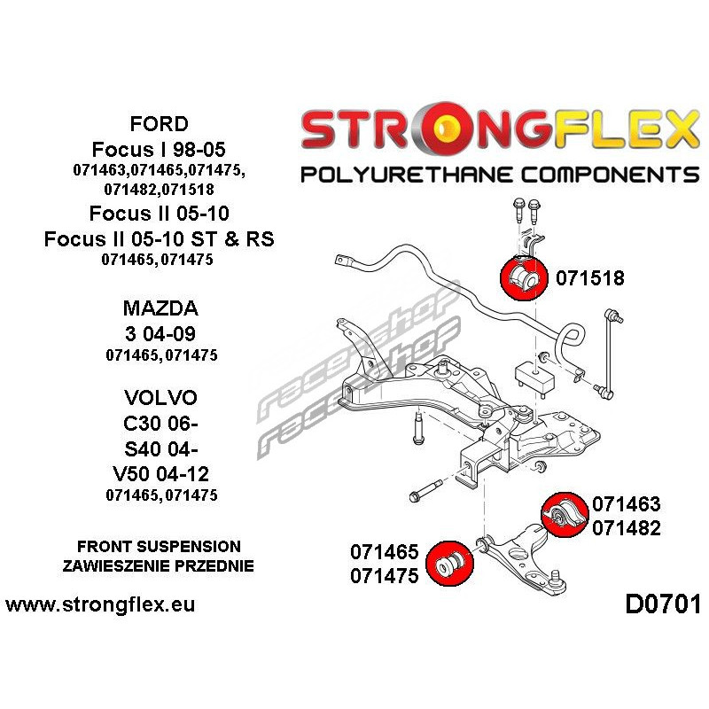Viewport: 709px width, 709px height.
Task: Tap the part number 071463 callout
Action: click(x=626, y=504)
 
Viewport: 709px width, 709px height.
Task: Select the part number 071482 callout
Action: click(x=626, y=528)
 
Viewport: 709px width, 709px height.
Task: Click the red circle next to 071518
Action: click(x=523, y=277)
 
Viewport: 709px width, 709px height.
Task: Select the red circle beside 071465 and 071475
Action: click(x=448, y=562)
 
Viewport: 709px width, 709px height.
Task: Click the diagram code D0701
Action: click(x=662, y=606)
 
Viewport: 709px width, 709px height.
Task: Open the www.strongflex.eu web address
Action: click(x=100, y=606)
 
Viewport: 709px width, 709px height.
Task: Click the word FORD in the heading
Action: click(x=158, y=123)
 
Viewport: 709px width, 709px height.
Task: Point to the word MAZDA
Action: click(x=160, y=309)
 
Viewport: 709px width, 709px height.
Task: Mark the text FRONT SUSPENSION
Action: click(x=159, y=546)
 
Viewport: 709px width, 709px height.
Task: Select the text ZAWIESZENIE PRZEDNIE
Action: click(x=159, y=565)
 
